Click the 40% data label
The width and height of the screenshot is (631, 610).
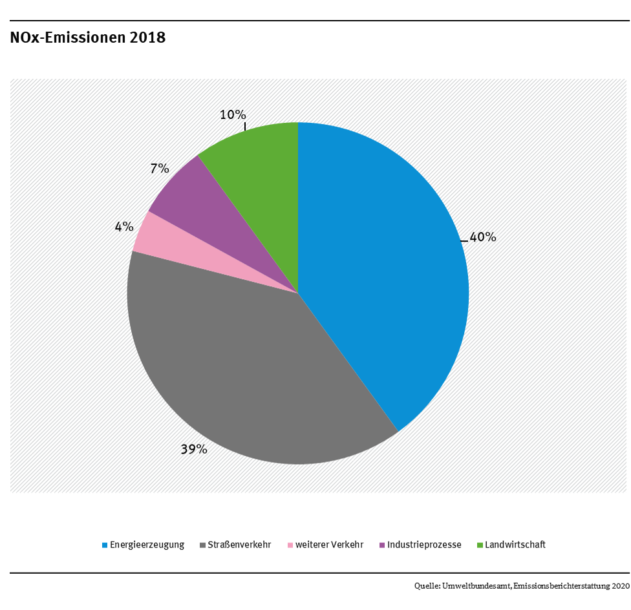[482, 238]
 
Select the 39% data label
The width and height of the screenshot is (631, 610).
[194, 449]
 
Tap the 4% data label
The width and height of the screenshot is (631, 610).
[124, 227]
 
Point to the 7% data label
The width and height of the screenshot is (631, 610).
[160, 169]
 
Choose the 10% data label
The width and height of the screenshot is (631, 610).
[233, 115]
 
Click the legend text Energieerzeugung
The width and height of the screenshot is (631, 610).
[147, 545]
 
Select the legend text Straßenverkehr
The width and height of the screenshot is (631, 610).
[240, 545]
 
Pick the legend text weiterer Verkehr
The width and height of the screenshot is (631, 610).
[330, 545]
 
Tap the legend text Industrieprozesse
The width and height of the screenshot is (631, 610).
[424, 545]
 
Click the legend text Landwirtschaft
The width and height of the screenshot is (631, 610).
[515, 545]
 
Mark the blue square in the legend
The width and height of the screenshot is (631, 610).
[105, 545]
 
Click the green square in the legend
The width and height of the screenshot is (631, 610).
[480, 545]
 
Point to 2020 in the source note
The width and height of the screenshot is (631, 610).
[620, 586]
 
